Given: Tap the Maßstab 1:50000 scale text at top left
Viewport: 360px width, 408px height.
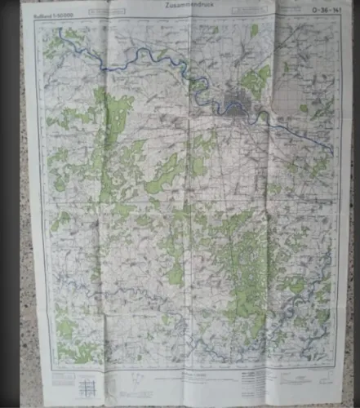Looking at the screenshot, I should point(47,11).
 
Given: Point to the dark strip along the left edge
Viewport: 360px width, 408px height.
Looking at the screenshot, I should point(10,204).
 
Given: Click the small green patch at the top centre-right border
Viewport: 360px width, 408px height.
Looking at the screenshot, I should point(254,30).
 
